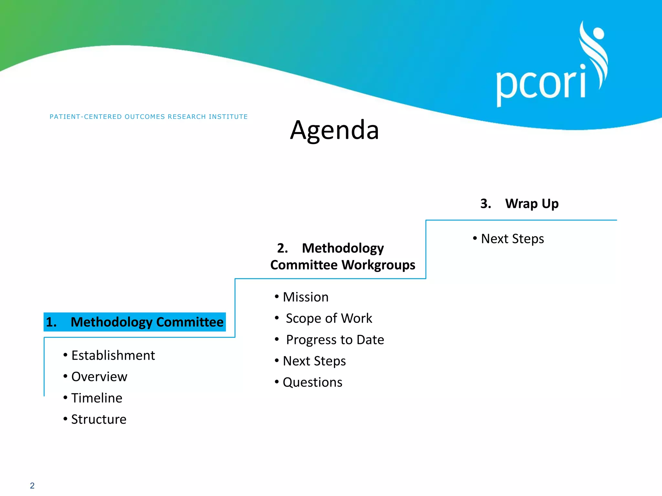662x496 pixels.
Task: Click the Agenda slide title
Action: click(x=334, y=130)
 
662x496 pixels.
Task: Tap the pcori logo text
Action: click(x=541, y=85)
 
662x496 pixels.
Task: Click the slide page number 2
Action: click(x=32, y=485)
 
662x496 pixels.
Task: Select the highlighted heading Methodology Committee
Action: click(x=135, y=322)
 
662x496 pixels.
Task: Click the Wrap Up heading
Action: click(x=532, y=204)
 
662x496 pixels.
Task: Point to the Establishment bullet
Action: click(x=113, y=355)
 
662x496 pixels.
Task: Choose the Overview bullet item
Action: click(x=99, y=377)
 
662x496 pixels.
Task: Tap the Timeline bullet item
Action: click(x=97, y=398)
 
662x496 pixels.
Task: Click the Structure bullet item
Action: click(x=99, y=419)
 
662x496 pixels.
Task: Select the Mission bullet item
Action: click(x=305, y=297)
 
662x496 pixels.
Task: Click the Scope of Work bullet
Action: click(x=329, y=318)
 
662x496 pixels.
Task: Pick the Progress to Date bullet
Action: click(x=335, y=340)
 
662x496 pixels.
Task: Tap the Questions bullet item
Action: click(x=312, y=382)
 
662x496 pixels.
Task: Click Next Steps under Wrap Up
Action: click(x=512, y=239)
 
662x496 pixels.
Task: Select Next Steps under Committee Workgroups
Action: click(x=314, y=361)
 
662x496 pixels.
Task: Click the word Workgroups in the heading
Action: click(x=378, y=265)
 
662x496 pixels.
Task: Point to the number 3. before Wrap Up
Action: click(x=486, y=204)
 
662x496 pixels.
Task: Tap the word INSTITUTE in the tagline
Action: click(x=228, y=117)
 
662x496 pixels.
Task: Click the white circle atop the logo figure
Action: click(x=598, y=33)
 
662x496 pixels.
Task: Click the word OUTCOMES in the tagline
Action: click(x=145, y=117)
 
